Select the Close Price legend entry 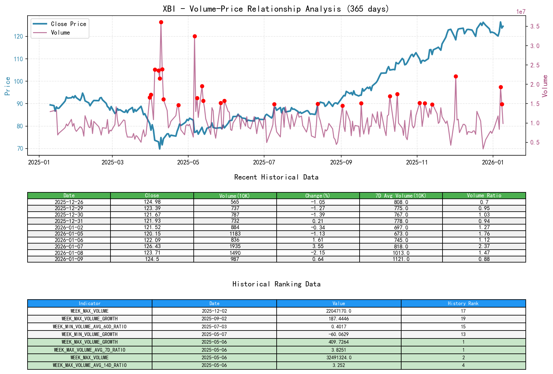coord(68,24)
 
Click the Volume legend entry coord(60,32)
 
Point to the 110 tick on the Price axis coord(18,59)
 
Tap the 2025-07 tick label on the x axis coord(264,162)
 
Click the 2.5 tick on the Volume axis coord(535,65)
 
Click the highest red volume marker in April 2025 coord(161,22)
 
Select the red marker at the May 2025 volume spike coord(195,36)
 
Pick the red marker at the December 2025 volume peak coord(456,76)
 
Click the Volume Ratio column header coord(484,195)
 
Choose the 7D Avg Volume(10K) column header coord(401,195)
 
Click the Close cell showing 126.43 coord(152,246)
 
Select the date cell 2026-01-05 coord(69,234)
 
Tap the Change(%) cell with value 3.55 coord(318,246)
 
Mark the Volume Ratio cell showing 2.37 coord(484,246)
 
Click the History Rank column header coord(463,303)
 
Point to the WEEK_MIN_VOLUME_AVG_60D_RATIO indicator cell coord(90,327)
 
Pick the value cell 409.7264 coord(339,342)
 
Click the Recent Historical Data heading coord(276,177)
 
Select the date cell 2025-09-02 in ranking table coord(214,319)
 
